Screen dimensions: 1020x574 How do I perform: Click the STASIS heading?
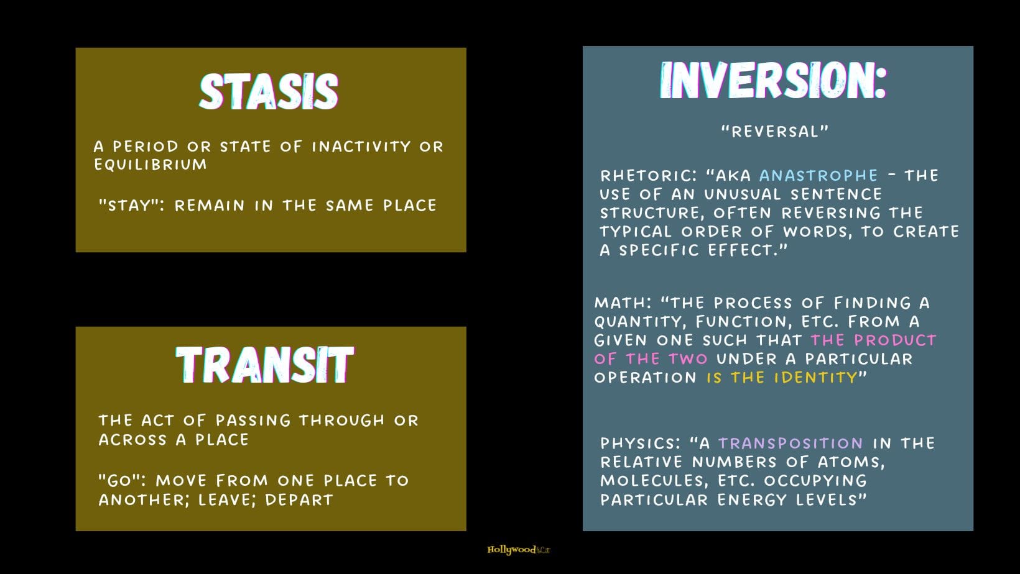pyautogui.click(x=269, y=92)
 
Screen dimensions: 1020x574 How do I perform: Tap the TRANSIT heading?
pyautogui.click(x=265, y=365)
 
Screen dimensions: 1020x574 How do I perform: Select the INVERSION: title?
pyautogui.click(x=773, y=81)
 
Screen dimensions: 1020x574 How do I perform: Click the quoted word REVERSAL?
pyautogui.click(x=775, y=132)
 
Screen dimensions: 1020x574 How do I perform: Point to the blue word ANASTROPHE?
pyautogui.click(x=818, y=176)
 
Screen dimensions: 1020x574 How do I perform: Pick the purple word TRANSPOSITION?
pyautogui.click(x=790, y=444)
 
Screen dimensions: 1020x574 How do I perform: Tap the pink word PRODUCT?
pyautogui.click(x=895, y=340)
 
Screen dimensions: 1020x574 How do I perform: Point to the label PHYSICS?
pyautogui.click(x=640, y=444)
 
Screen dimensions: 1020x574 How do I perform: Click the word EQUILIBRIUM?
pyautogui.click(x=151, y=164)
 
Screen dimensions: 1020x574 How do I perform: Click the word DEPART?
pyautogui.click(x=299, y=500)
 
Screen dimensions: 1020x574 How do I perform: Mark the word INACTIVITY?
pyautogui.click(x=361, y=147)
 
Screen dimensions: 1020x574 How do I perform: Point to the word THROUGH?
pyautogui.click(x=341, y=421)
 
